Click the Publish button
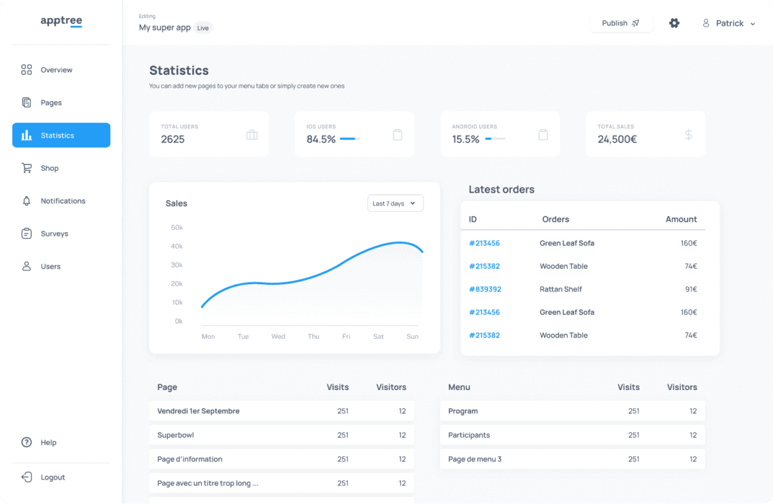coord(620,23)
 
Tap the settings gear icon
coord(674,23)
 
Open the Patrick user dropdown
coord(729,23)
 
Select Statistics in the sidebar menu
coord(61,135)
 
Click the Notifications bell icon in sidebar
coord(26,201)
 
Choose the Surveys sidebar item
coord(54,234)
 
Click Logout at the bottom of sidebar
coord(52,478)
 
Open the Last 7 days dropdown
coord(395,204)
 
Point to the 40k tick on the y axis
coord(177,246)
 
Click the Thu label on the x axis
coord(313,336)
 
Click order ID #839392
coord(484,289)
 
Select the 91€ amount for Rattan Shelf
coord(691,289)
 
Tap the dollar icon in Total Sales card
coord(689,135)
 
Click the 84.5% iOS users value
coord(321,139)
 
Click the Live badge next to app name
coord(203,28)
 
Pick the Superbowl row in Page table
coord(175,435)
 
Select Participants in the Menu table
coord(469,435)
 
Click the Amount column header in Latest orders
coord(681,219)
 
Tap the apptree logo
coord(61,21)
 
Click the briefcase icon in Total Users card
coord(252,135)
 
